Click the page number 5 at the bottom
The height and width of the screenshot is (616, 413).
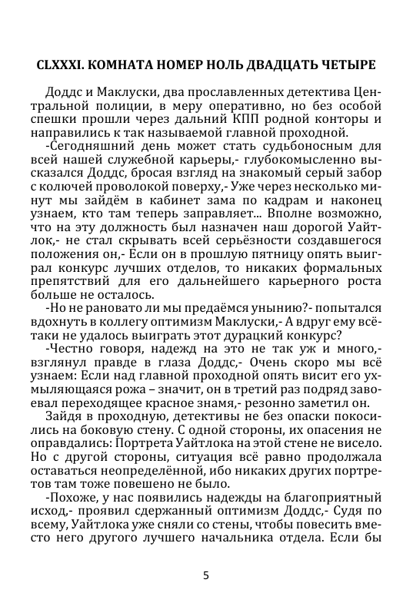pyautogui.click(x=206, y=575)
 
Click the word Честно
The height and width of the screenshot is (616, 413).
pyautogui.click(x=71, y=352)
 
